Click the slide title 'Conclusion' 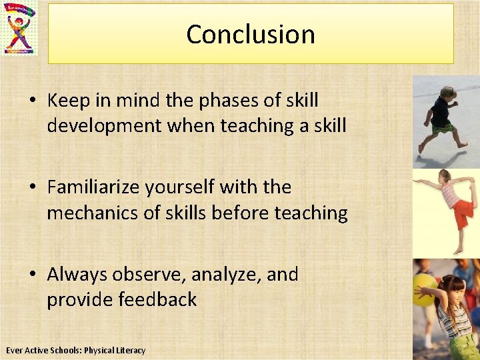[251, 34]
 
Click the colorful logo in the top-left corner [20, 29]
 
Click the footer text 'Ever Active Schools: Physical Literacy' [75, 350]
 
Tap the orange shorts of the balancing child [463, 214]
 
